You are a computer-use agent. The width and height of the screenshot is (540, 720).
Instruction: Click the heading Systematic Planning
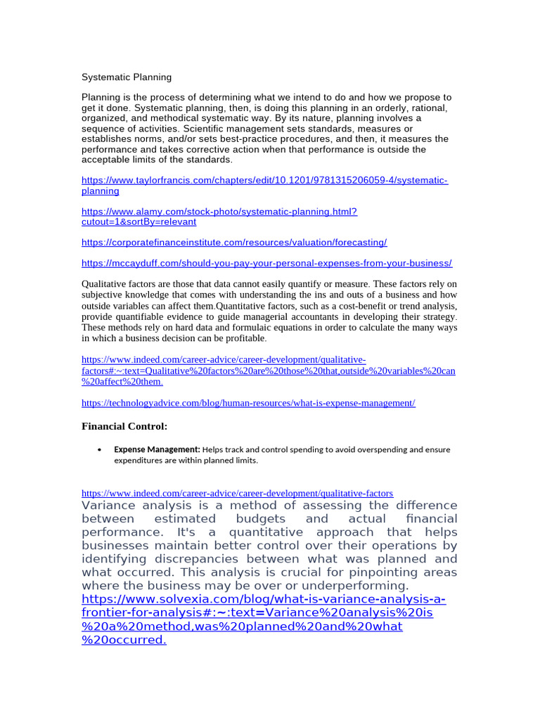[127, 77]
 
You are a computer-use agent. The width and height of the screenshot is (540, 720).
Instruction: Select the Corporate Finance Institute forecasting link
[234, 242]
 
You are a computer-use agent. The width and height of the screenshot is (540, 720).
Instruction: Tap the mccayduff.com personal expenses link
[266, 263]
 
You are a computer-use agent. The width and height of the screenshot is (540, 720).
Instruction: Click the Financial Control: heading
[124, 426]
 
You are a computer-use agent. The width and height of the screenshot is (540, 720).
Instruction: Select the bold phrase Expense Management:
[157, 449]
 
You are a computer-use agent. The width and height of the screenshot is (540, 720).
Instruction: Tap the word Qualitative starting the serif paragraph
[106, 284]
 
